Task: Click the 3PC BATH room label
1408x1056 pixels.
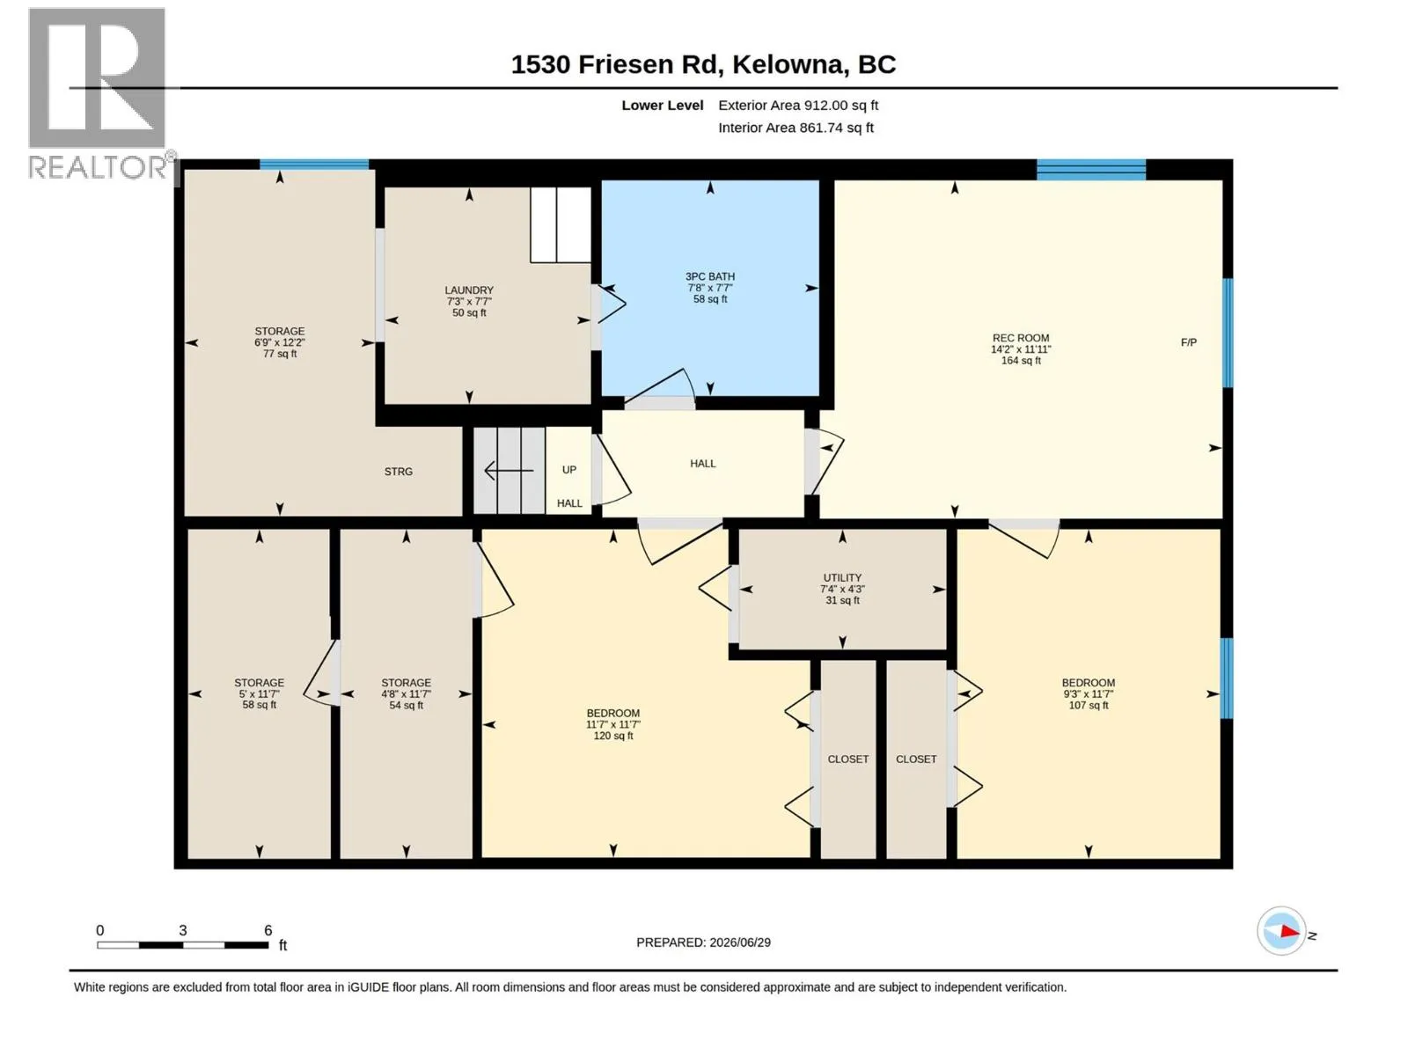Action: (709, 287)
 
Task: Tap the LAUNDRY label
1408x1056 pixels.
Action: (469, 301)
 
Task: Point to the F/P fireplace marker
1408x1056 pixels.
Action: (1188, 342)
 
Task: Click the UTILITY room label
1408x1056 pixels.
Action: (841, 589)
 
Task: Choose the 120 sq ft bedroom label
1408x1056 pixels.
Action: (612, 724)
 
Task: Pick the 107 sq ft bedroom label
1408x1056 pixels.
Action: (1088, 693)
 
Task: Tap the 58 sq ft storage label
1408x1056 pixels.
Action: (259, 693)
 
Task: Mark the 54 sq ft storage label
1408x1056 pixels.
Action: (406, 693)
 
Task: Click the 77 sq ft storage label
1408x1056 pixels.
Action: (279, 342)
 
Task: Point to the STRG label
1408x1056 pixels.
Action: (398, 472)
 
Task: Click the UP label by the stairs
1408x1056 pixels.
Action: (568, 469)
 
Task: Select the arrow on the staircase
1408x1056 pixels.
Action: (508, 471)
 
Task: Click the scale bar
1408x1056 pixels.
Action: (183, 945)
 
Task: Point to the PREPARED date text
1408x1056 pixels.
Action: (703, 942)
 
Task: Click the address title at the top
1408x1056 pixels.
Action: (703, 64)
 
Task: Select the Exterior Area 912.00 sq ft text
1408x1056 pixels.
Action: (798, 105)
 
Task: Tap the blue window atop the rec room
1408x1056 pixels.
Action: (1090, 169)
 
